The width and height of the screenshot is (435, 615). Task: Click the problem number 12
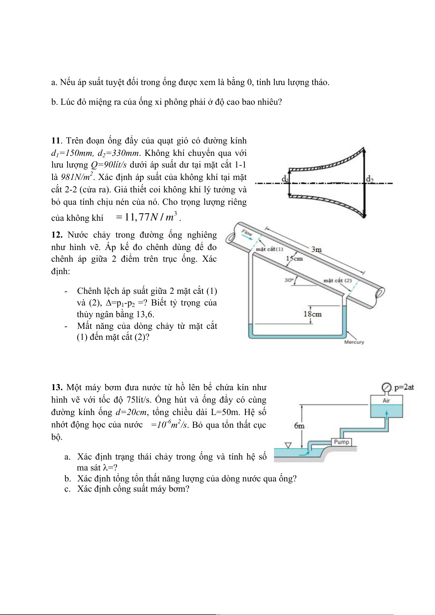57,235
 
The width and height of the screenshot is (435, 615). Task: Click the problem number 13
57,387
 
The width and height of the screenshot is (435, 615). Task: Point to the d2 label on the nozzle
369,178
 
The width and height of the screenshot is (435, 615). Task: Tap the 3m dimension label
316,250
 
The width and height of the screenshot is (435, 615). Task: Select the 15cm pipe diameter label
295,258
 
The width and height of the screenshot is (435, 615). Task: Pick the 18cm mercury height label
313,314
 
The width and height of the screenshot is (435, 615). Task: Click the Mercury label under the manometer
354,342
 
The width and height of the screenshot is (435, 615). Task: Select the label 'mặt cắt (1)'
270,249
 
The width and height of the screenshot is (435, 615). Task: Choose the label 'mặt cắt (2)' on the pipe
337,280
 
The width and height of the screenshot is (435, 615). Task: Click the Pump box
341,442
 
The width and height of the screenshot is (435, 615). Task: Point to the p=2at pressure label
404,387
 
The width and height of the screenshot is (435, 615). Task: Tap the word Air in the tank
386,400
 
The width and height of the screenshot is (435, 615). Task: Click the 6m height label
299,426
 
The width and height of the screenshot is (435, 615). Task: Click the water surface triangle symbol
288,445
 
